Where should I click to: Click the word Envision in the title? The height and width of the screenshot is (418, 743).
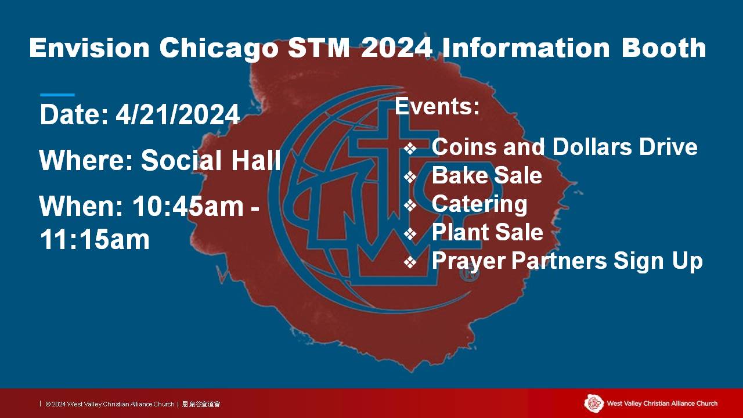(x=89, y=48)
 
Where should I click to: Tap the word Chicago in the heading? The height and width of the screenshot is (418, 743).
(x=219, y=50)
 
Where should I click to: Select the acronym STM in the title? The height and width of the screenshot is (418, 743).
(x=319, y=48)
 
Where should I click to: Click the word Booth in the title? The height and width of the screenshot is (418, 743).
(x=663, y=48)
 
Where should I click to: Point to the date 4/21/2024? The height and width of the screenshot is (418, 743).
(x=178, y=115)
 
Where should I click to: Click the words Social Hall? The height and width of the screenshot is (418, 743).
(x=211, y=160)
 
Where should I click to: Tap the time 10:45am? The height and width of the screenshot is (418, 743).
(x=188, y=206)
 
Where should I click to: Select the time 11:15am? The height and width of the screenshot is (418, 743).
(x=95, y=239)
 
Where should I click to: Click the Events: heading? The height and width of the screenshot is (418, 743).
(x=437, y=106)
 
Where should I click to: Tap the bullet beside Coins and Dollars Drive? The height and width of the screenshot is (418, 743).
(x=410, y=149)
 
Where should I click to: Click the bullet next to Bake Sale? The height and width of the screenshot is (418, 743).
(x=410, y=177)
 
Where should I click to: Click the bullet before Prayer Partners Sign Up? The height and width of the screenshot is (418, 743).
(x=410, y=262)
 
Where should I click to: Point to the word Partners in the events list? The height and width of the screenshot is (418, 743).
(x=559, y=261)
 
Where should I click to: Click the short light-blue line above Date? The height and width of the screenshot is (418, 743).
(x=57, y=95)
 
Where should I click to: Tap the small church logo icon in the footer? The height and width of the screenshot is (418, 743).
(x=594, y=403)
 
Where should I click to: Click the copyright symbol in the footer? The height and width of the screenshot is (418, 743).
(x=48, y=405)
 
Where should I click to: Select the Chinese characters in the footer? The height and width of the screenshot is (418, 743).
(x=201, y=404)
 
